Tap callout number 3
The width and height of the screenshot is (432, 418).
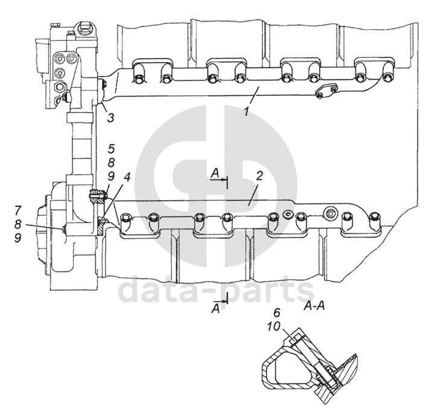110,117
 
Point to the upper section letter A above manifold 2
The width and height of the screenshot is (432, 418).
214,174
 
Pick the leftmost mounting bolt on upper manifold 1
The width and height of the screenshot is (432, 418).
138,78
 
